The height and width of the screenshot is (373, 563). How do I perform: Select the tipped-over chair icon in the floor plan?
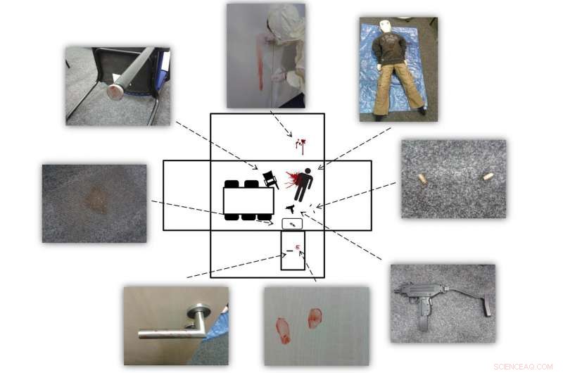tap(270, 179)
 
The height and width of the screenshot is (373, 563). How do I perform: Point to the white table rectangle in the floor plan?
tap(248, 201)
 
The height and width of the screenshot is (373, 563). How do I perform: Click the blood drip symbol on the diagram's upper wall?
tap(301, 146)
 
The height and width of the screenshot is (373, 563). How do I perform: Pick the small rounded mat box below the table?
tap(291, 223)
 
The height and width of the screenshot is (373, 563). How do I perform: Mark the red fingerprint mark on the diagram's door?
tap(298, 246)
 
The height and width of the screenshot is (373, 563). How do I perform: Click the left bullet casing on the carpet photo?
tap(423, 179)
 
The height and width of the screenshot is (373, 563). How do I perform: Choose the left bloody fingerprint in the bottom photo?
tap(283, 329)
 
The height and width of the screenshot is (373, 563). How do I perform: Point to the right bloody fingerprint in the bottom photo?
tap(314, 318)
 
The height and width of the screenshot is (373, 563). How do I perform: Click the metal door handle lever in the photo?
tap(169, 331)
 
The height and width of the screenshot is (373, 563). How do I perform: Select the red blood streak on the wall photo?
tap(261, 67)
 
